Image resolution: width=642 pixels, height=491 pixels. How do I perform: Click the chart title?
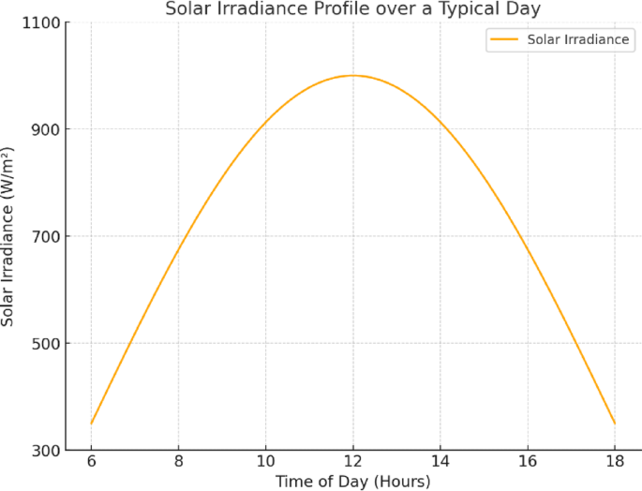pyautogui.click(x=352, y=9)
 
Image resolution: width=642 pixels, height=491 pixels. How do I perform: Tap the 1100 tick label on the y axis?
pyautogui.click(x=42, y=22)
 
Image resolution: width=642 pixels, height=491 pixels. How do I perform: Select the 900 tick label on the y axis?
pyautogui.click(x=47, y=129)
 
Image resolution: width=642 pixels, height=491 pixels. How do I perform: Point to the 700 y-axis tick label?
pyautogui.click(x=47, y=236)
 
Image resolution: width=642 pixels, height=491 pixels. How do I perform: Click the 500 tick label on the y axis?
pyautogui.click(x=47, y=343)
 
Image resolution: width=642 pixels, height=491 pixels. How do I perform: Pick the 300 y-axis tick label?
pyautogui.click(x=47, y=451)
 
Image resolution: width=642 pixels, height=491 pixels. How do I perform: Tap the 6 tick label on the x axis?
pyautogui.click(x=91, y=463)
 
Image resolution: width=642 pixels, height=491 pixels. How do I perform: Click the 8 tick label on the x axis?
pyautogui.click(x=178, y=463)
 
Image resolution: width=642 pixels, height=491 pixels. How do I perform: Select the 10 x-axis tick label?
pyautogui.click(x=265, y=463)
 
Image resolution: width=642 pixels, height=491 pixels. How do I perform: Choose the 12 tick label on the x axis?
pyautogui.click(x=352, y=463)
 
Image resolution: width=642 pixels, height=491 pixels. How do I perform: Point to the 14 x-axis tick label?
pyautogui.click(x=440, y=463)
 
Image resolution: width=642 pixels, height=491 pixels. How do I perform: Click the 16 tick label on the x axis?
pyautogui.click(x=528, y=463)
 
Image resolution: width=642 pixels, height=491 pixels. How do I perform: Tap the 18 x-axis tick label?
pyautogui.click(x=615, y=463)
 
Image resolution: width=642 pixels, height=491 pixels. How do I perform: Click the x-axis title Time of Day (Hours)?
pyautogui.click(x=352, y=482)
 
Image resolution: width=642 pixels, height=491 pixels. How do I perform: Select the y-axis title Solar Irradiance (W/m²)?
pyautogui.click(x=8, y=236)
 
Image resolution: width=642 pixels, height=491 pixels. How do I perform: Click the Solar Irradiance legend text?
pyautogui.click(x=578, y=40)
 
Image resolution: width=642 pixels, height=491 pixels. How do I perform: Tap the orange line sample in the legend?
pyautogui.click(x=505, y=40)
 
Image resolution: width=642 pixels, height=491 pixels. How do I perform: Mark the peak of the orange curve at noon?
pyautogui.click(x=352, y=75)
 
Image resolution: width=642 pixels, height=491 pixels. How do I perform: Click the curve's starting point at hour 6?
pyautogui.click(x=91, y=424)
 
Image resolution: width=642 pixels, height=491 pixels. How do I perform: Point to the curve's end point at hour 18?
pyautogui.click(x=615, y=424)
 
